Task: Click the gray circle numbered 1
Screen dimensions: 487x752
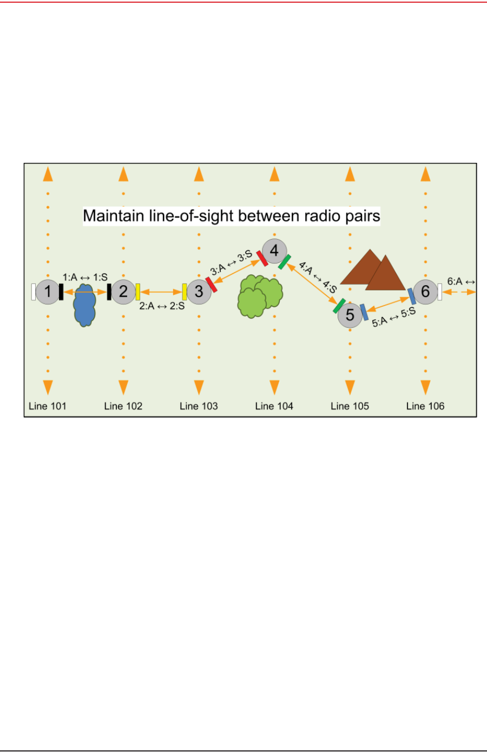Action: (48, 292)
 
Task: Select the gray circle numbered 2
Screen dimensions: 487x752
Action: (123, 292)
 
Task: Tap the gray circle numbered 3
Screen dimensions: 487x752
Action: (199, 292)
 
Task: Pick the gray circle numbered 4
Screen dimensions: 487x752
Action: (274, 251)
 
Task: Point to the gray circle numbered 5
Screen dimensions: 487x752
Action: (350, 315)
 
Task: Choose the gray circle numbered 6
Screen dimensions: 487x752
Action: (425, 292)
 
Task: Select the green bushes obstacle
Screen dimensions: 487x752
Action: (260, 295)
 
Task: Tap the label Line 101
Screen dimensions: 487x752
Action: (48, 406)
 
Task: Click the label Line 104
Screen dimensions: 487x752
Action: (274, 406)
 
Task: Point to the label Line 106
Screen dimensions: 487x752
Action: (425, 406)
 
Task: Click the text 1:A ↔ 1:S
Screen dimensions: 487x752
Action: (85, 278)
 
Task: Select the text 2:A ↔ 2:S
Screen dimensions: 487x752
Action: (162, 306)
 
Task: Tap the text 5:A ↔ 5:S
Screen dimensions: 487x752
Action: (394, 318)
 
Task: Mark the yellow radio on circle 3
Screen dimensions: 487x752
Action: (185, 292)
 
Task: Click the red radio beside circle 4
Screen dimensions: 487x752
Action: (262, 258)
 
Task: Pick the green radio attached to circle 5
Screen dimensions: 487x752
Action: (339, 306)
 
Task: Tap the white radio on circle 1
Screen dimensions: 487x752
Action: (34, 292)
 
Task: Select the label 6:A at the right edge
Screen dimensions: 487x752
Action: (455, 282)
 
